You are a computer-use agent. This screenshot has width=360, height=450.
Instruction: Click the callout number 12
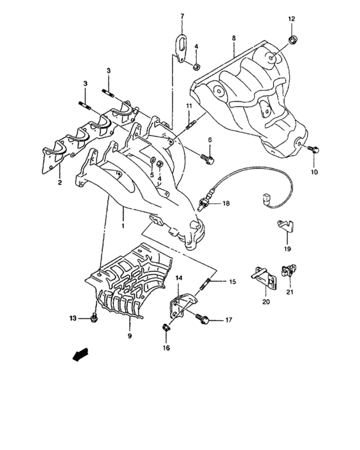(x=291, y=19)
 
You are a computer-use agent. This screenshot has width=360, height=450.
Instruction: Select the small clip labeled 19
(x=286, y=225)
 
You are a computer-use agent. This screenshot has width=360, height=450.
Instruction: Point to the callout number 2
(x=59, y=183)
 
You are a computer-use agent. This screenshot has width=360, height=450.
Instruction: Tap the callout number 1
(x=122, y=226)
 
